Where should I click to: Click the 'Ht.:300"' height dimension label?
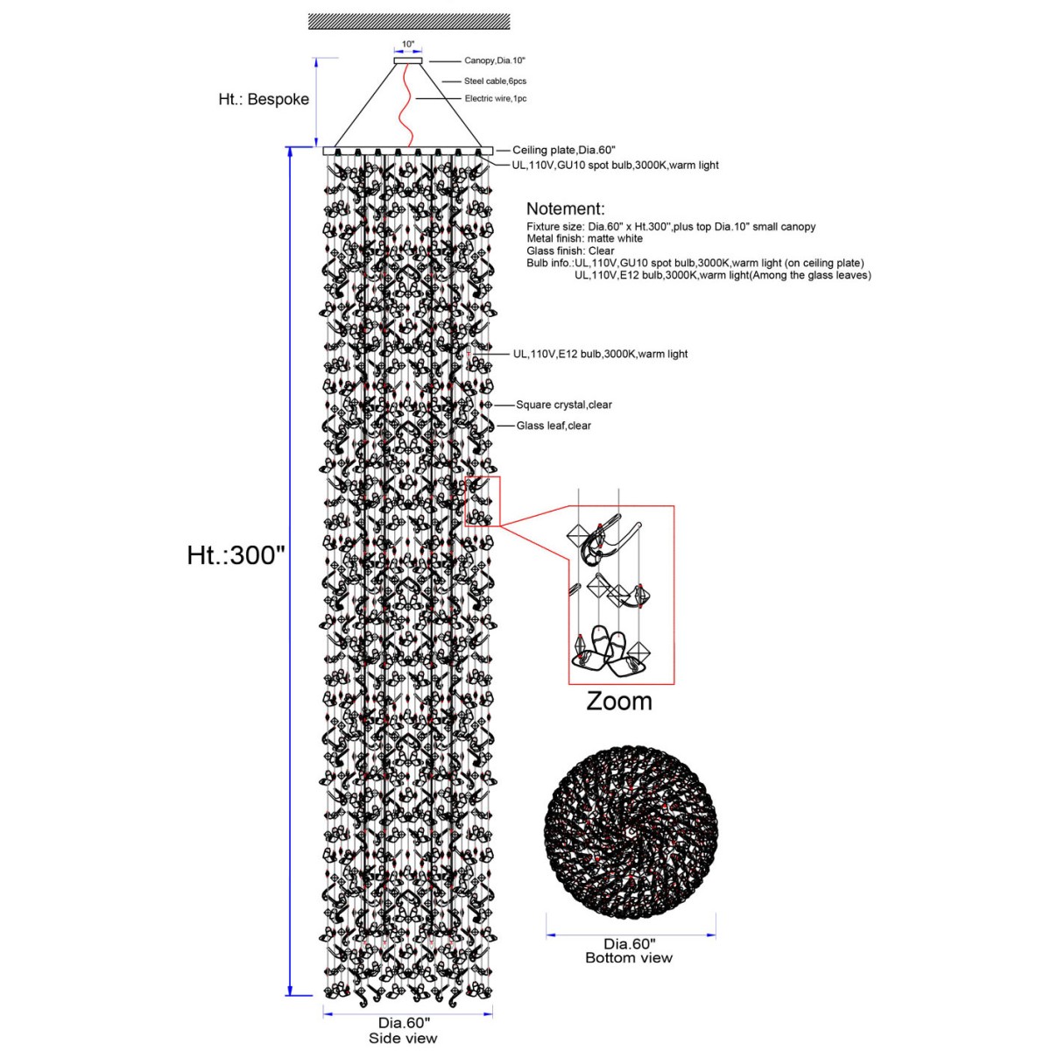[x=236, y=555]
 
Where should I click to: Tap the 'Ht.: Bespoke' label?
[x=264, y=99]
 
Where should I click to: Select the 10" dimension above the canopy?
[x=408, y=44]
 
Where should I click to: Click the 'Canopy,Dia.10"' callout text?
[x=495, y=60]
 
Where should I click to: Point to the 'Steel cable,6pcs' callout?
[x=495, y=81]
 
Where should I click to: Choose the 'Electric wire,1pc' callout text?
[x=495, y=99]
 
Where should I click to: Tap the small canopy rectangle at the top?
[x=408, y=60]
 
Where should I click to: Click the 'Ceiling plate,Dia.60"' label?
[x=564, y=150]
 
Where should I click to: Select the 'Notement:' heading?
[x=566, y=208]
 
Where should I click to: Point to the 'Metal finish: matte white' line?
[x=585, y=238]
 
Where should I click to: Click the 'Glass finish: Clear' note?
[x=570, y=250]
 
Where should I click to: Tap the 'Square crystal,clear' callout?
[x=564, y=405]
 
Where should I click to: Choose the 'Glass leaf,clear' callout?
[x=554, y=426]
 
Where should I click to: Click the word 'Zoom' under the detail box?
[x=619, y=702]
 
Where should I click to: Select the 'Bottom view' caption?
[x=629, y=958]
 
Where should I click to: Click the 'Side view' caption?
[x=403, y=1038]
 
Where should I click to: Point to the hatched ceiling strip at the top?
[x=409, y=22]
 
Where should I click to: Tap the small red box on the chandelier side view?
[x=482, y=501]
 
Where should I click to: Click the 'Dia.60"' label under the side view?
[x=404, y=1023]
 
